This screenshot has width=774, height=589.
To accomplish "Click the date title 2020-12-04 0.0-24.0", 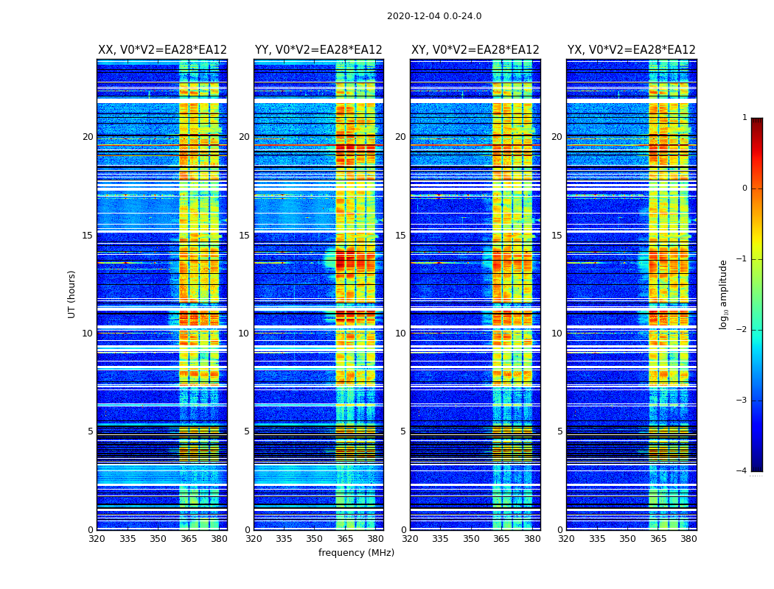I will tap(434, 16).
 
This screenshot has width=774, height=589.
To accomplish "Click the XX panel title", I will tap(162, 50).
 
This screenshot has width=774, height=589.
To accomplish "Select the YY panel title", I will tap(318, 50).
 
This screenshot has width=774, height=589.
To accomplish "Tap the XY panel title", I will tap(475, 50).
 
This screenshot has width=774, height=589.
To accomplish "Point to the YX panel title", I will tap(632, 50).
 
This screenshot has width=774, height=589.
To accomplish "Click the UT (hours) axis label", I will tap(72, 294).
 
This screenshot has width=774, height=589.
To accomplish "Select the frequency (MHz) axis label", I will tap(356, 553).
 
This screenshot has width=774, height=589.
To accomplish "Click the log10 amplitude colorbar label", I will tap(724, 294).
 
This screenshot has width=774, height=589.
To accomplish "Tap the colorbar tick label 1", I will tap(745, 118).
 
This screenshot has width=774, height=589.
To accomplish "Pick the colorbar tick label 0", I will tap(745, 188).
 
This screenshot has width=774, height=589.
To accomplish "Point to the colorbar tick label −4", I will tap(742, 471).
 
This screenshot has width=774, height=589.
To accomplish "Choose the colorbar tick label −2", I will tap(742, 330).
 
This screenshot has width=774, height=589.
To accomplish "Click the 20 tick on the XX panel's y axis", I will tap(88, 137).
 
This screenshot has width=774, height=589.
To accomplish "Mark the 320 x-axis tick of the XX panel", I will tap(97, 539).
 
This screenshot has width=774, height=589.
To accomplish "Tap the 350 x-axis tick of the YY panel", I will tap(315, 539).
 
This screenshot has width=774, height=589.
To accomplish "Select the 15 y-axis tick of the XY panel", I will tap(400, 236).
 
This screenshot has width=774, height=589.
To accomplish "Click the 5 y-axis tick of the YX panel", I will tap(559, 431).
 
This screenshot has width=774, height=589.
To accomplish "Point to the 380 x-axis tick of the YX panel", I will tap(688, 539).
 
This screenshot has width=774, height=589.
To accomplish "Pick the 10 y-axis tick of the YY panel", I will tap(244, 334).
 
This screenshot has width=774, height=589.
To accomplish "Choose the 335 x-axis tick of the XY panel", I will tap(441, 539).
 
